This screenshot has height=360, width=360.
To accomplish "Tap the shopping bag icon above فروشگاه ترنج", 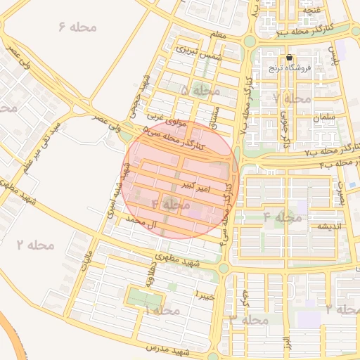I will coord(289,58).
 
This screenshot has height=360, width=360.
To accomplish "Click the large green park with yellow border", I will coord(143,298).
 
